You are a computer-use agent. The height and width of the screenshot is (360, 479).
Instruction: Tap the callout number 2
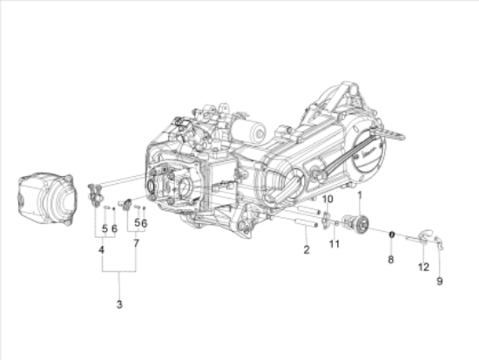click(x=307, y=250)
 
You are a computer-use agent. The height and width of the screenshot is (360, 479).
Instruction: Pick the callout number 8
click(x=391, y=259)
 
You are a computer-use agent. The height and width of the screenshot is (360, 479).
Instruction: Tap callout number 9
click(x=439, y=281)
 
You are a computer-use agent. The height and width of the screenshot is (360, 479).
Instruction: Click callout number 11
click(x=334, y=244)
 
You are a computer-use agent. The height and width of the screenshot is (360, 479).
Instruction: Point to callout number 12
click(x=422, y=267)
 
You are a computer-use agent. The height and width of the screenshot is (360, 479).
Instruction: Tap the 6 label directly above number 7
click(x=144, y=223)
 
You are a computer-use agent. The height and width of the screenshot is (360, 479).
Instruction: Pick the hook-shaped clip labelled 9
click(x=441, y=241)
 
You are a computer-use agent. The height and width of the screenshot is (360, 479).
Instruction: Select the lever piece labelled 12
click(x=424, y=233)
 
